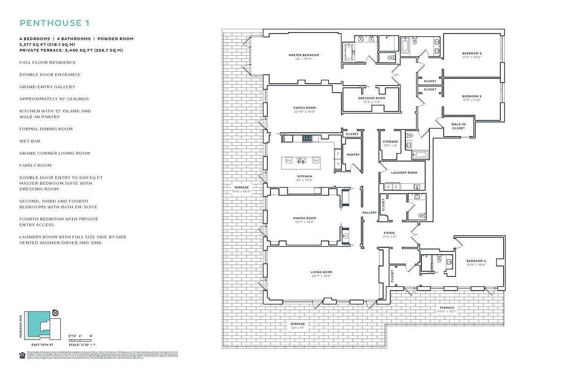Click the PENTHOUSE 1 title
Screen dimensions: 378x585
point(54,23)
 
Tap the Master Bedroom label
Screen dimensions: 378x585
point(304,55)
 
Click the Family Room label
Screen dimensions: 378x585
point(304,108)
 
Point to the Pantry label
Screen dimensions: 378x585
point(353,155)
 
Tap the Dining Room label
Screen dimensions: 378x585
point(304,218)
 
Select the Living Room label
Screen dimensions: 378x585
point(321,272)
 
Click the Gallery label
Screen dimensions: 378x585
point(369,213)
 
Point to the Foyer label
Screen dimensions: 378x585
point(389,233)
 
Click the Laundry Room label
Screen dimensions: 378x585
point(404,172)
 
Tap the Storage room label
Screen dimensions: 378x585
point(390,142)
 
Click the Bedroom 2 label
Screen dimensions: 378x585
point(471,53)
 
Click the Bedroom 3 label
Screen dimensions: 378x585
point(471,96)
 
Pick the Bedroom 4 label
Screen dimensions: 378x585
point(475,261)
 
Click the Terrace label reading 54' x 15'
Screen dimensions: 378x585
point(297,324)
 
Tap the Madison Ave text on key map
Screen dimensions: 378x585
point(21,324)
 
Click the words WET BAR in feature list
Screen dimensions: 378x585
point(29,141)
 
